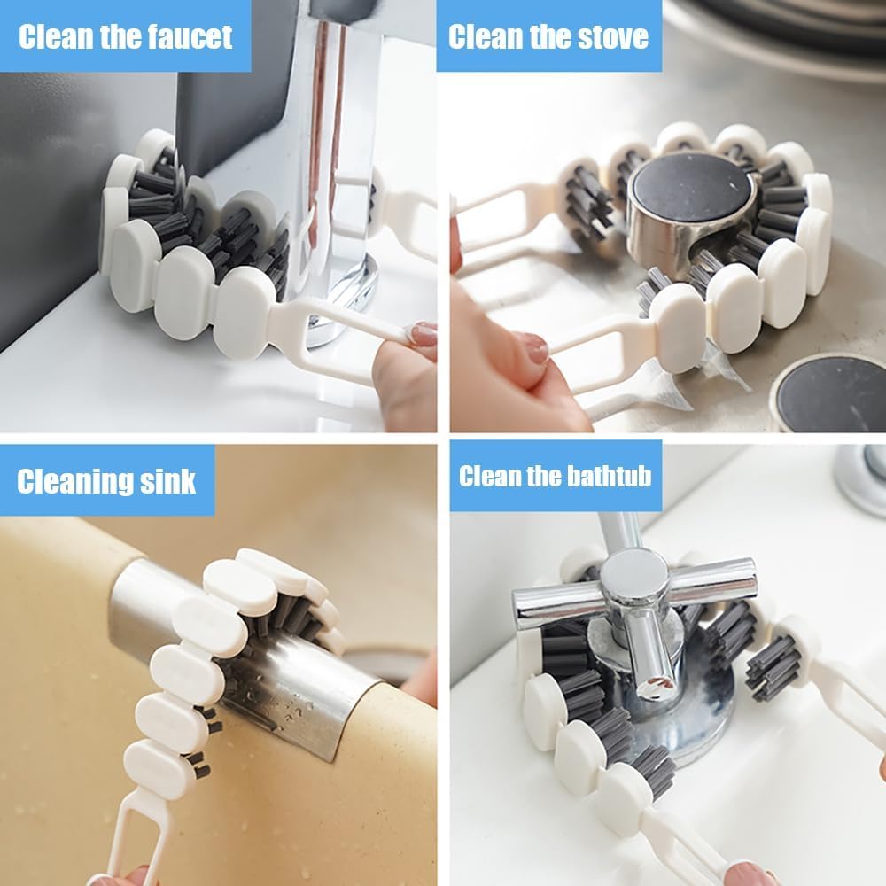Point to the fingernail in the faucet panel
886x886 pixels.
pyautogui.click(x=424, y=333)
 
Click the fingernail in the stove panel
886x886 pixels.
pyautogui.click(x=535, y=348)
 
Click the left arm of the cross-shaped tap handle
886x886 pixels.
pyautogui.click(x=549, y=607)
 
